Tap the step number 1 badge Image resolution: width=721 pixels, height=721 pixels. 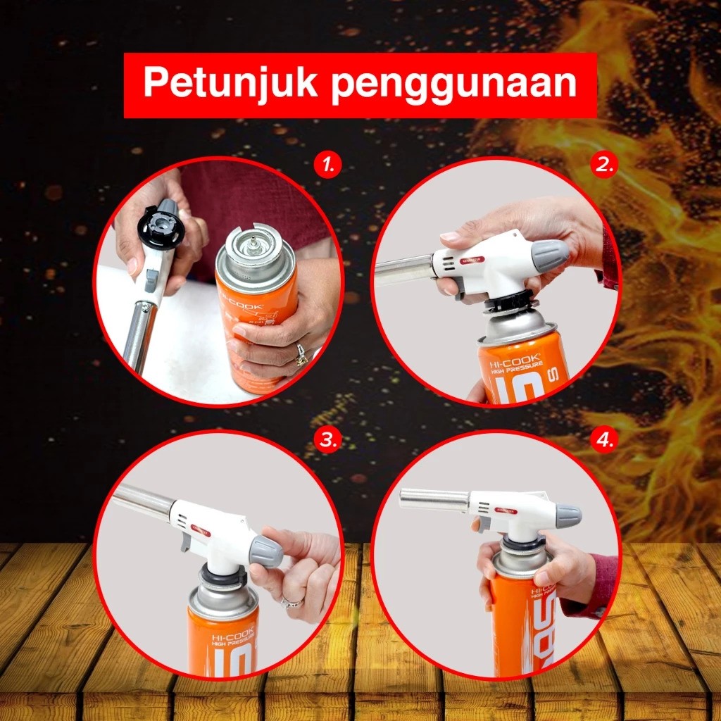(327, 166)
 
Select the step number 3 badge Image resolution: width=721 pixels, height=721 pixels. (327, 441)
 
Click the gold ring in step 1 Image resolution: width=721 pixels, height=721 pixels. (301, 356)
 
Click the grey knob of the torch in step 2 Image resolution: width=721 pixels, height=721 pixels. (548, 256)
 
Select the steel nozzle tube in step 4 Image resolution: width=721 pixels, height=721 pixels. (434, 499)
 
